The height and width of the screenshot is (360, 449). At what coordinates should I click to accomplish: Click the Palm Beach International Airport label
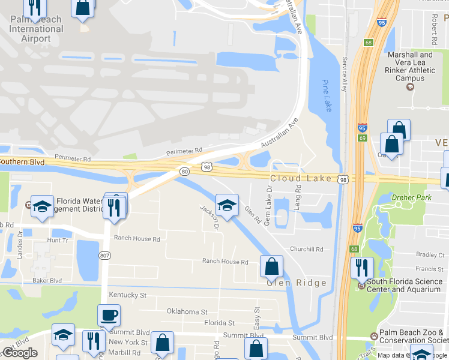coord(36,29)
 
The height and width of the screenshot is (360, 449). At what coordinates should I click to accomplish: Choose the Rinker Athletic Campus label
coord(411,66)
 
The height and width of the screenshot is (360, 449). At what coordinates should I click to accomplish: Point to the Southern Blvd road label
coord(22,161)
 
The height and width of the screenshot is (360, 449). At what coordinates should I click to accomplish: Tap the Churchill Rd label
coord(306,249)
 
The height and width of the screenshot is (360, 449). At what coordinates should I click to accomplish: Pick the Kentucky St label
coord(127,295)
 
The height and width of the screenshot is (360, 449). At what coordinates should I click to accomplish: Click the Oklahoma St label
coord(187,312)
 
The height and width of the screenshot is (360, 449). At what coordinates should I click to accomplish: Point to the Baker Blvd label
coord(47,280)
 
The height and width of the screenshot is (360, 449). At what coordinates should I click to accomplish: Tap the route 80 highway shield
coord(184,172)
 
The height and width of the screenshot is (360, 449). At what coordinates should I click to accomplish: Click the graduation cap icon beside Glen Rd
coord(226,205)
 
